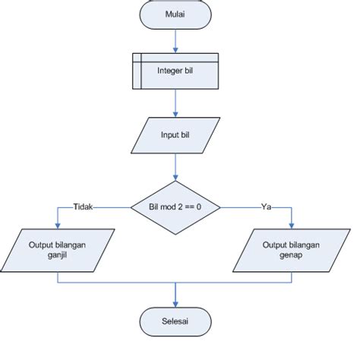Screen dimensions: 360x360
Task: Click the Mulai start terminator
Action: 176,14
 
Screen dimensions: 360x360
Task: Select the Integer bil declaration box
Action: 176,71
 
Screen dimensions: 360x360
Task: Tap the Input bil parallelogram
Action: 176,135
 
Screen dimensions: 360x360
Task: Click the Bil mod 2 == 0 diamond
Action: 176,206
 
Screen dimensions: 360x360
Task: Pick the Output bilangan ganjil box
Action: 58,250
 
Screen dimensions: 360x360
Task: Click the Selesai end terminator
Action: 176,322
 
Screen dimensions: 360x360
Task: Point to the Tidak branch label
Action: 83,206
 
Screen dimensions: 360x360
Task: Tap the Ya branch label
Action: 266,206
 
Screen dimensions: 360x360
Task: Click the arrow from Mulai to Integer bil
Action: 176,40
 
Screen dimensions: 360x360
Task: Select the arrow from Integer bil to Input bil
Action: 176,102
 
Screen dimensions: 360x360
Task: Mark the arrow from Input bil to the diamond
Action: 176,166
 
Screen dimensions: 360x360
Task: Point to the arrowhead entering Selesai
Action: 176,303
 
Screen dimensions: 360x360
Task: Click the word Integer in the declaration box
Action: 169,71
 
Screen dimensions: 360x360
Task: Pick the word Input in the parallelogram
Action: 169,135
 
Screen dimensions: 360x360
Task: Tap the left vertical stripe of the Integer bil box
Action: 137,71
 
